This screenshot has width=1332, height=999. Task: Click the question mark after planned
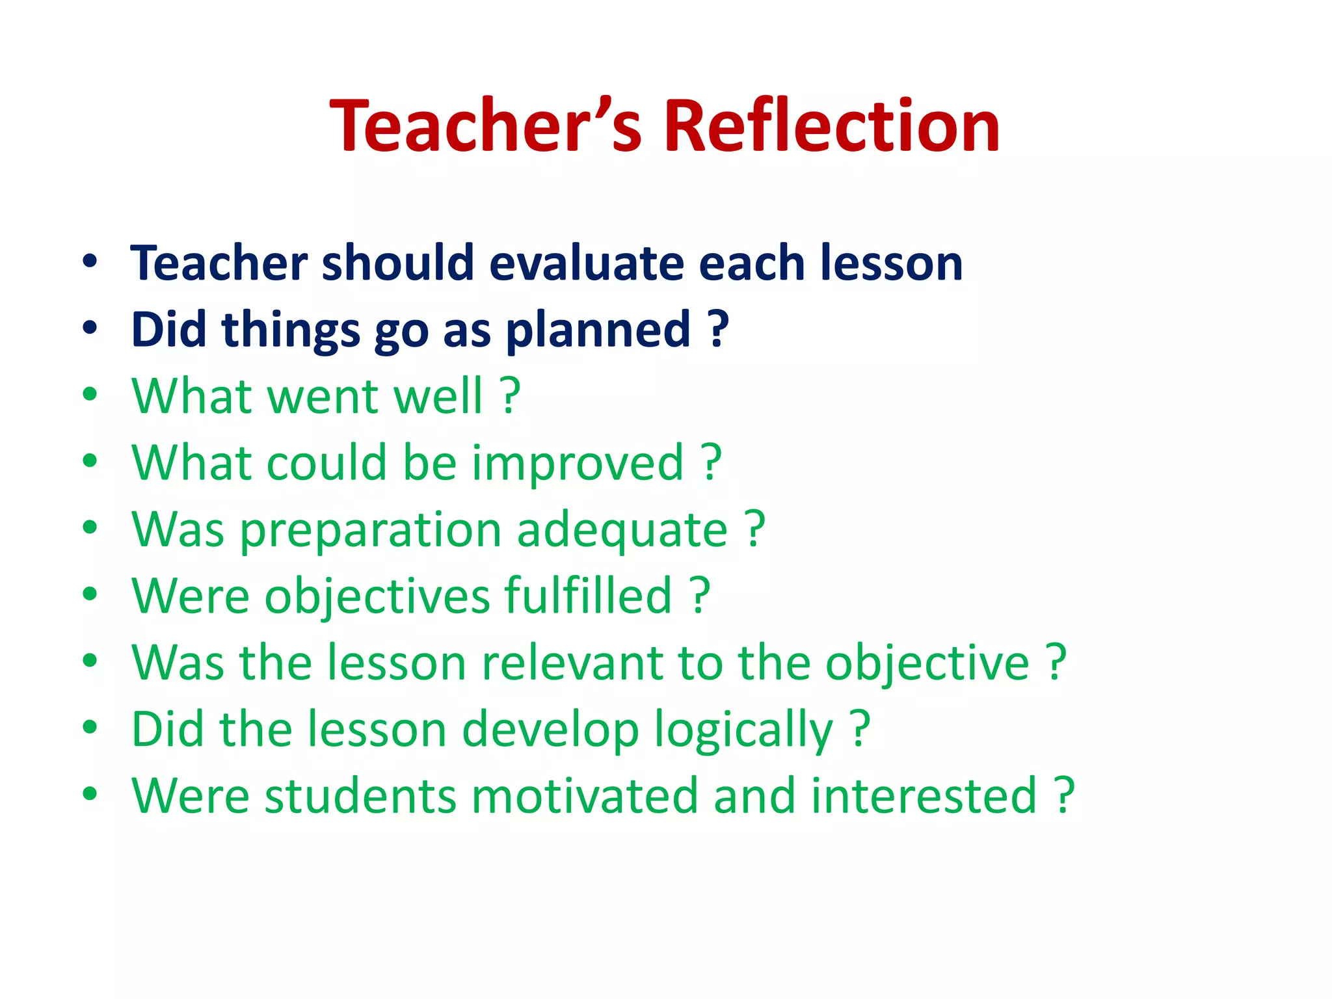718,329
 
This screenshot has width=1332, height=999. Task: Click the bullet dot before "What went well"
90,394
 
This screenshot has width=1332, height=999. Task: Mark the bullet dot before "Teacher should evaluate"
90,261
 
